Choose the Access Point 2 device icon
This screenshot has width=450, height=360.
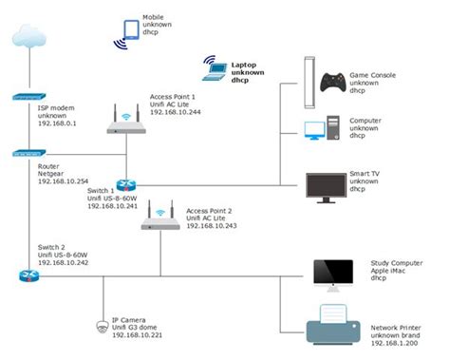pyautogui.click(x=160, y=218)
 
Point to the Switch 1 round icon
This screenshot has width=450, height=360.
pyautogui.click(x=126, y=184)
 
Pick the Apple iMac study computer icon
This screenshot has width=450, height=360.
pyautogui.click(x=332, y=274)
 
